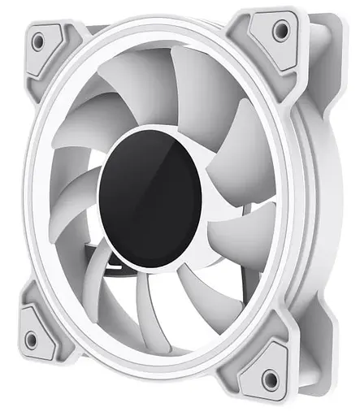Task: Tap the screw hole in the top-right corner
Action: tap(280, 30)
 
